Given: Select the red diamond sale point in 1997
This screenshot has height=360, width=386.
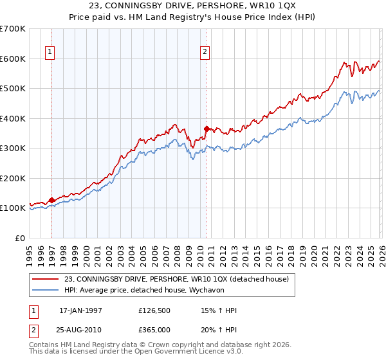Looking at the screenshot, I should (51, 200).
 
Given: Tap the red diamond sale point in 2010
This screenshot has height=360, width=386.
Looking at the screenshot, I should (207, 129).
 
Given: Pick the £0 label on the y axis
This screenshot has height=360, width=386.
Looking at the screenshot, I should (20, 238).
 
